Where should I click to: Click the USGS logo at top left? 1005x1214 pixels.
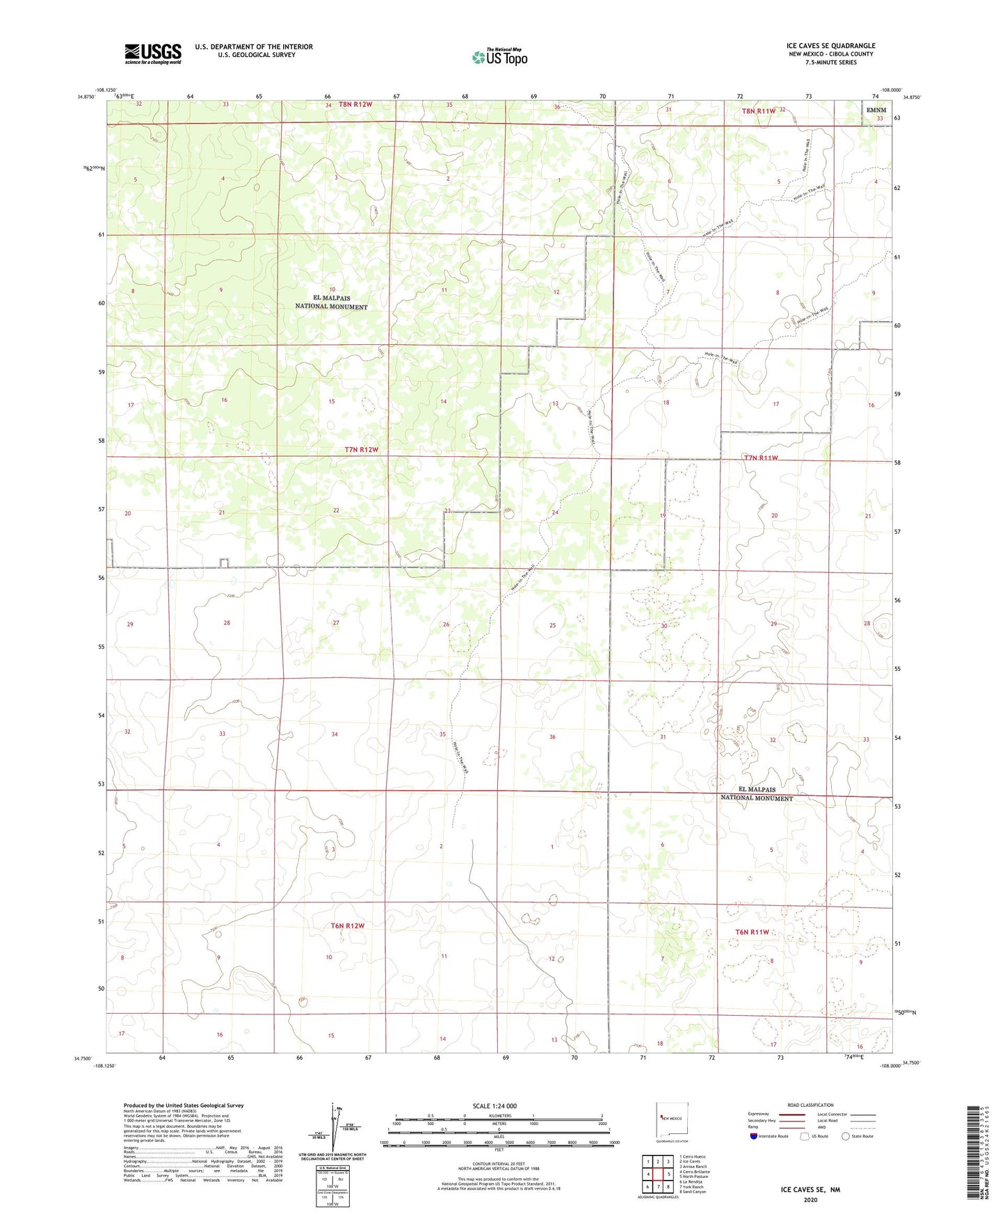(x=153, y=53)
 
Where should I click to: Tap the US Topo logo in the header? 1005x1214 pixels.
(x=499, y=57)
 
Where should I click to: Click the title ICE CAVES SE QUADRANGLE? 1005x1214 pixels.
(x=830, y=46)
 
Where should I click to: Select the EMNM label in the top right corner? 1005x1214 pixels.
(x=876, y=110)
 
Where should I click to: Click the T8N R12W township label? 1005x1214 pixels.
(x=355, y=104)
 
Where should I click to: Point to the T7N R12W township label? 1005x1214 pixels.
(x=362, y=450)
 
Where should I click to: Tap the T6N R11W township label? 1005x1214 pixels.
(x=752, y=932)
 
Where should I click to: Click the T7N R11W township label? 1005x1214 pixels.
(x=760, y=458)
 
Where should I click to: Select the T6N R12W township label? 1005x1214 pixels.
(x=348, y=925)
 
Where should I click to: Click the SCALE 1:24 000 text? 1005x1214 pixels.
(x=495, y=1106)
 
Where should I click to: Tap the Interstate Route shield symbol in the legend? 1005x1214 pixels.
(x=754, y=1137)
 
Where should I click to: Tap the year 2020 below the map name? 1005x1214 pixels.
(x=810, y=1199)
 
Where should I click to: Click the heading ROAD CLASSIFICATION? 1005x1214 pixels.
(x=810, y=1105)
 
